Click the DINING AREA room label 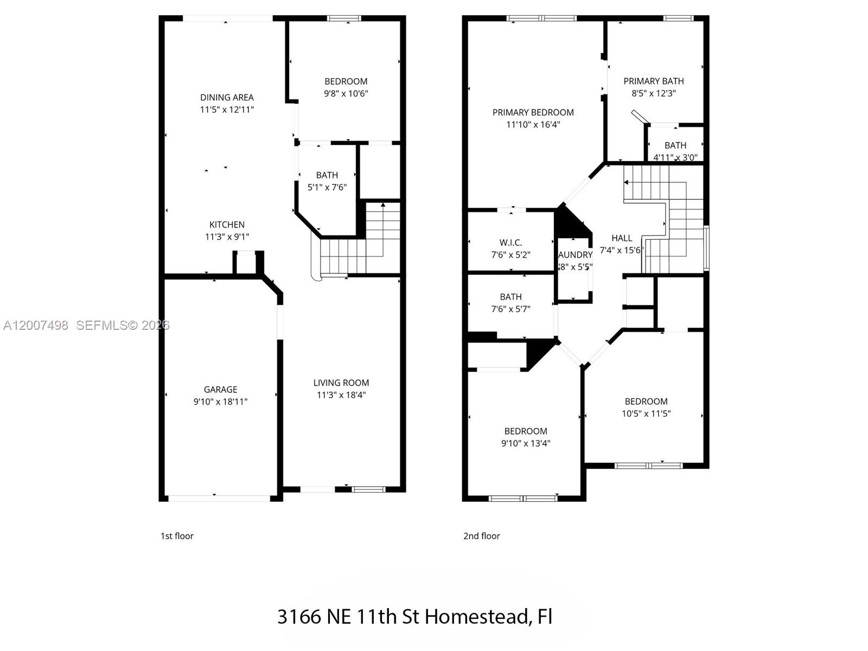[227, 98]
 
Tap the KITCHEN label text [227, 225]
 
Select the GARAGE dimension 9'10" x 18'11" [220, 402]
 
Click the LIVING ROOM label [341, 383]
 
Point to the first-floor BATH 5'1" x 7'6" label [327, 175]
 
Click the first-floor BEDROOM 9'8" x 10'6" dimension [346, 93]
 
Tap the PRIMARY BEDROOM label [533, 113]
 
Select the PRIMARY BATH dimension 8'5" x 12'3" [653, 93]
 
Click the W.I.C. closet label [510, 243]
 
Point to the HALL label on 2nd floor [622, 238]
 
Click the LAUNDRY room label [575, 255]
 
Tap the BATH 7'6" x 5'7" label [510, 297]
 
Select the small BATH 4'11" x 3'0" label [675, 146]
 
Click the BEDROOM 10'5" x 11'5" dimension [646, 414]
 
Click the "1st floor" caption [177, 536]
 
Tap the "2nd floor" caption [481, 536]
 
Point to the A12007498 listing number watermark [36, 325]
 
